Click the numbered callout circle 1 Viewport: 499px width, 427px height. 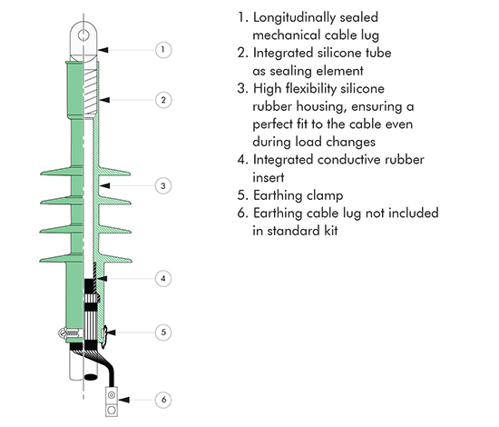point(163,50)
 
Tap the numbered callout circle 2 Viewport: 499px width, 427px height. point(163,100)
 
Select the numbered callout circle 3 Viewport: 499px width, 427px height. point(163,185)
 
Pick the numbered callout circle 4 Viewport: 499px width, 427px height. point(163,278)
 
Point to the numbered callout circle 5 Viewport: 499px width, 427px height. point(163,332)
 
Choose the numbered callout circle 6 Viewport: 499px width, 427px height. point(163,399)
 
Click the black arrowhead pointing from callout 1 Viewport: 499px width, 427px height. point(103,50)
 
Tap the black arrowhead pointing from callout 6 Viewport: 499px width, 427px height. point(123,399)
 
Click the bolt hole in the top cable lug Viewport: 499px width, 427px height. point(83,35)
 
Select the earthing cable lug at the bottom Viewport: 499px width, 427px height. point(112,402)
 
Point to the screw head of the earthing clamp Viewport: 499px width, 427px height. point(63,333)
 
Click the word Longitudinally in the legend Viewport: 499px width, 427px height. point(294,18)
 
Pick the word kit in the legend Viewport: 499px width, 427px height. point(331,231)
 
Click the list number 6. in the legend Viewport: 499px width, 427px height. point(242,213)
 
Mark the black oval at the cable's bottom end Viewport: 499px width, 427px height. point(91,377)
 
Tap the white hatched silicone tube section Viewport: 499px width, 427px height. point(90,93)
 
